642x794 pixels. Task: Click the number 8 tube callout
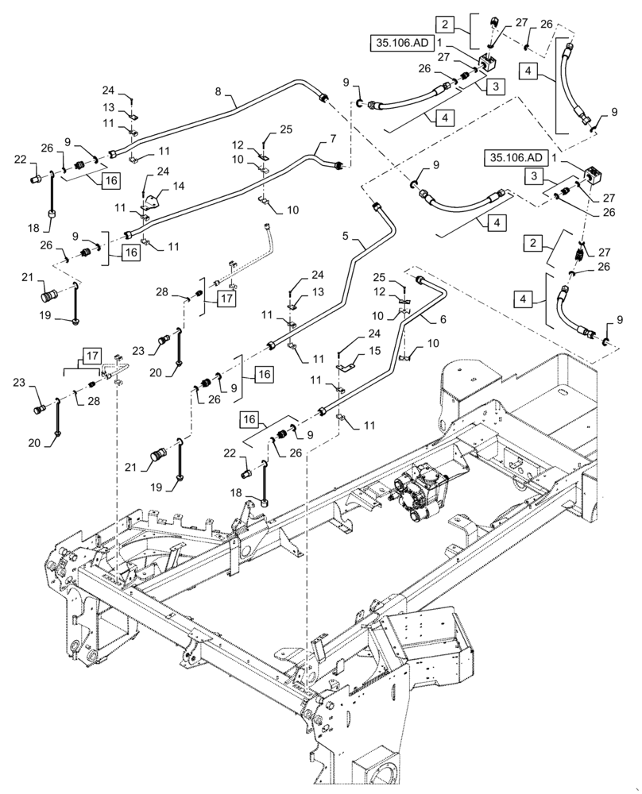click(x=218, y=92)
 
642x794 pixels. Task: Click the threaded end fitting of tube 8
click(x=323, y=98)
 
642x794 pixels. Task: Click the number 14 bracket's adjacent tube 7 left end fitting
click(x=127, y=234)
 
